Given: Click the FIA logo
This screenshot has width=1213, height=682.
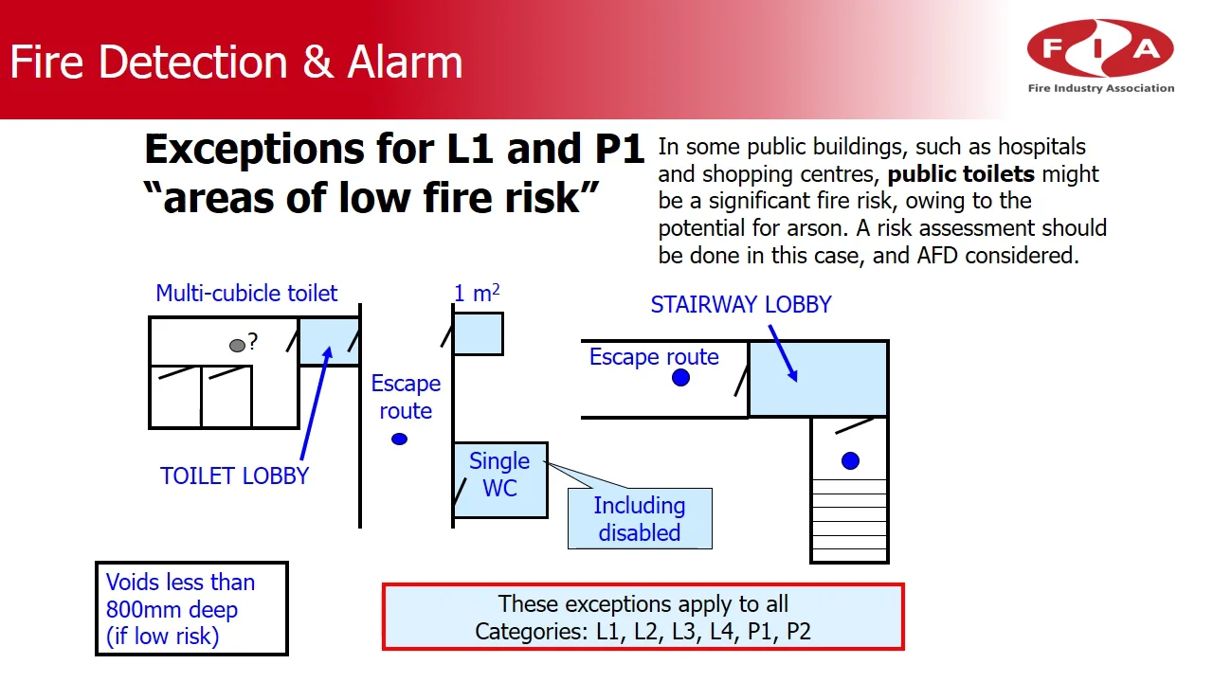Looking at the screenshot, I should (x=1100, y=56).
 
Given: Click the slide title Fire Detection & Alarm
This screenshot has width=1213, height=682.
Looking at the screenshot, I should (x=236, y=63).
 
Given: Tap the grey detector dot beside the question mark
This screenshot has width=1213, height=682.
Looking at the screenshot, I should (x=237, y=346).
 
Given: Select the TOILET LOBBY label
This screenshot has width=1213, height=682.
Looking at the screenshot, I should (x=234, y=476).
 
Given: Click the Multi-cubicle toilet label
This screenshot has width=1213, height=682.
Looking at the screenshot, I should (x=246, y=294).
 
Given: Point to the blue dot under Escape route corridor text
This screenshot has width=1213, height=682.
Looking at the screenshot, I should (x=400, y=439).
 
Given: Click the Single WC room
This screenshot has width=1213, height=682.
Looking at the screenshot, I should (x=499, y=478).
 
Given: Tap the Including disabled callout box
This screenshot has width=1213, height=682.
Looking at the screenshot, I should (x=640, y=518).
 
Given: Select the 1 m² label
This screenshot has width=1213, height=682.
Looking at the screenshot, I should (x=476, y=294).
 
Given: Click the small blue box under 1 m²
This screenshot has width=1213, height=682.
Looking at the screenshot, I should (x=478, y=333).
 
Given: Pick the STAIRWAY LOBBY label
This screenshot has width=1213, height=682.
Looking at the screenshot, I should (x=740, y=305).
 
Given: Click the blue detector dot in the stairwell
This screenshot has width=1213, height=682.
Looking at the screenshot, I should (x=850, y=461).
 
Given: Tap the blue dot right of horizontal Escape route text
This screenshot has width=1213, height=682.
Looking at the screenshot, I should (x=680, y=378).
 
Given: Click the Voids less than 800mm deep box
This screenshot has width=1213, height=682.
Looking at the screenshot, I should (x=191, y=609).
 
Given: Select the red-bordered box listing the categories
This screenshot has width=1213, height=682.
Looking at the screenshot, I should (x=643, y=618).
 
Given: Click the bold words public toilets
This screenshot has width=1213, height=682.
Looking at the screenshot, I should (x=961, y=174).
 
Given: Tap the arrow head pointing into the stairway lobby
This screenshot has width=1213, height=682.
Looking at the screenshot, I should (x=794, y=376).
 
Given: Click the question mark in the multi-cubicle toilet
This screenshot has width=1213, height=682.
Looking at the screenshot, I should (x=253, y=342).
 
